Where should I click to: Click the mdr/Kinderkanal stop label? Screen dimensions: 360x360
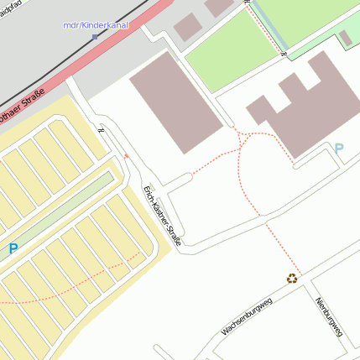pyautogui.click(x=95, y=25)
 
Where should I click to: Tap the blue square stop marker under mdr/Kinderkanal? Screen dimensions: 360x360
pyautogui.click(x=95, y=37)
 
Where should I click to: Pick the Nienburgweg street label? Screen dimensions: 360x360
pyautogui.click(x=330, y=320)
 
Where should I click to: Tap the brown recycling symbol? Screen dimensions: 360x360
pyautogui.click(x=291, y=278)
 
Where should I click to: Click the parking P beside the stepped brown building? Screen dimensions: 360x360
pyautogui.click(x=339, y=149)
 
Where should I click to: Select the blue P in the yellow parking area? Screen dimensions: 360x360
pyautogui.click(x=13, y=248)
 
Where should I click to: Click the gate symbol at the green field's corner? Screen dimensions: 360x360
pyautogui.click(x=283, y=55)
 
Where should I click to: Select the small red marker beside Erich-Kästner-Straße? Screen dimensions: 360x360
pyautogui.click(x=127, y=155)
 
